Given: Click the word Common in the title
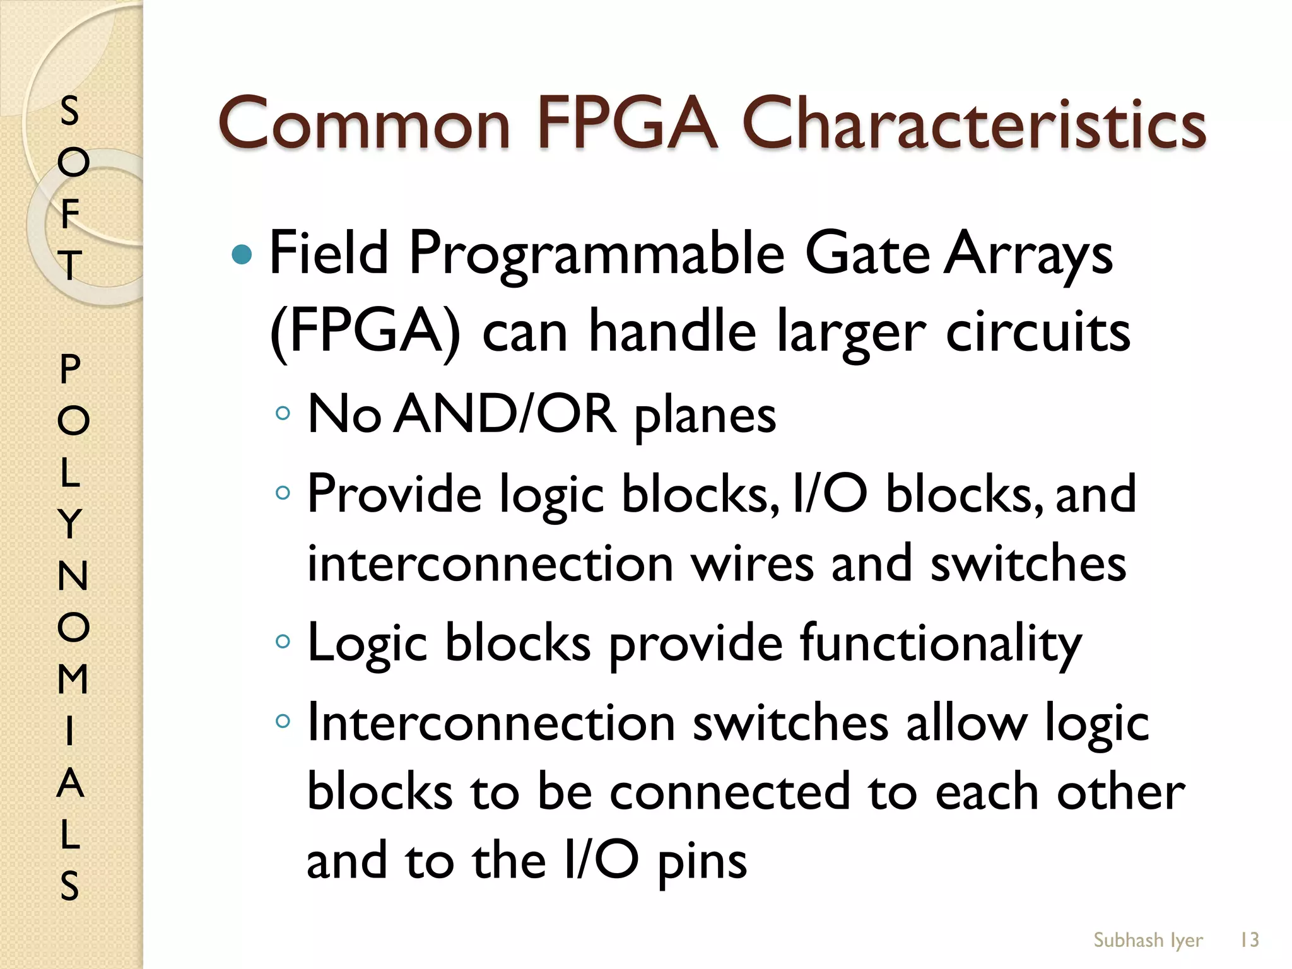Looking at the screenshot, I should [x=364, y=124].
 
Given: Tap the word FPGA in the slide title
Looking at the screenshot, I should [x=627, y=122].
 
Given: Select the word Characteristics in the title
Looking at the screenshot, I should [x=974, y=124].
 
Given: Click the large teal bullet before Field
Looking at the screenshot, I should [x=242, y=255].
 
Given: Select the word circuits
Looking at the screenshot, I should [x=1038, y=332].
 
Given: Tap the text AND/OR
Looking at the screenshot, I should [x=505, y=414].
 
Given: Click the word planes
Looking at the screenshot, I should [x=705, y=417].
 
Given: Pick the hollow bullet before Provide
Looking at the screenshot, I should [x=283, y=492].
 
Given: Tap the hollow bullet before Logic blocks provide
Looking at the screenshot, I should [x=283, y=642].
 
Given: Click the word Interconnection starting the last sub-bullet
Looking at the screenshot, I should [x=491, y=723].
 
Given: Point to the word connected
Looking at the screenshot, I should [x=729, y=792].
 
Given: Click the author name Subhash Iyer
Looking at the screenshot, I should [x=1148, y=940].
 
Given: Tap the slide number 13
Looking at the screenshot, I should [x=1249, y=940].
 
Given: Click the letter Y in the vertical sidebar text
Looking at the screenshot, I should [x=71, y=524].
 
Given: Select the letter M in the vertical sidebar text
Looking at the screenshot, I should [x=73, y=679].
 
